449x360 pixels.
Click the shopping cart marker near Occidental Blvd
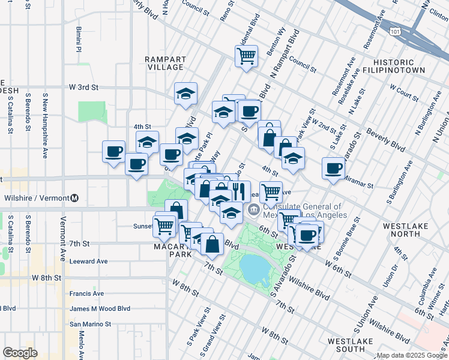(246, 56)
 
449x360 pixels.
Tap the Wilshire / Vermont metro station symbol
(75, 197)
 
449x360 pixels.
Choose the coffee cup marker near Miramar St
(333, 169)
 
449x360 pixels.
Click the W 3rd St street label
(83, 87)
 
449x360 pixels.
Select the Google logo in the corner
(20, 353)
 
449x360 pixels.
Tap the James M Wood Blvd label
(99, 308)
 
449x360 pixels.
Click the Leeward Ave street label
(88, 261)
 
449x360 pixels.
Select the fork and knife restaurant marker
(239, 191)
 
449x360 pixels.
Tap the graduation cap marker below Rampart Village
(186, 94)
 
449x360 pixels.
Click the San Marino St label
(91, 323)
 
